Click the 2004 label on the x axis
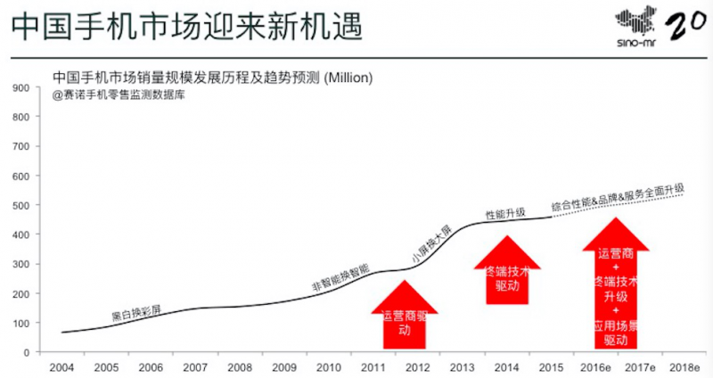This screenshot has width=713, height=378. click(x=61, y=366)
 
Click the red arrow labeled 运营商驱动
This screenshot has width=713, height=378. click(x=404, y=316)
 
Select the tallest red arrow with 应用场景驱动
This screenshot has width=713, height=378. click(x=616, y=285)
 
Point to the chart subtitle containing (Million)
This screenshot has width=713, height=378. click(x=212, y=78)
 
